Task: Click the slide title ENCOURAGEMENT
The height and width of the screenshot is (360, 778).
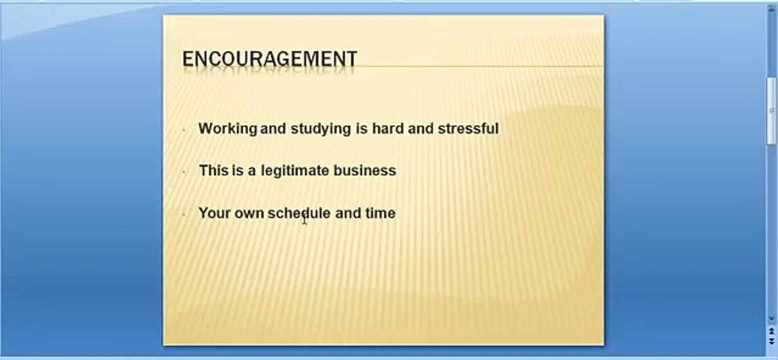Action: pyautogui.click(x=269, y=59)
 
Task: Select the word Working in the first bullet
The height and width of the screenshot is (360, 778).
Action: pyautogui.click(x=227, y=129)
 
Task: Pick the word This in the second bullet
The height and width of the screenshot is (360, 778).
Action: pyautogui.click(x=213, y=170)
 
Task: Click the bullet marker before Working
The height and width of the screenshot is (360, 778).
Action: pyautogui.click(x=184, y=130)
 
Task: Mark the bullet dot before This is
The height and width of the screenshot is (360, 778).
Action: pyautogui.click(x=184, y=172)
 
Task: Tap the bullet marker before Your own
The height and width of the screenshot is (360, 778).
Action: pyautogui.click(x=184, y=214)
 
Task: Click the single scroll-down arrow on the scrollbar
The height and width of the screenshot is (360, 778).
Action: pyautogui.click(x=772, y=318)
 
